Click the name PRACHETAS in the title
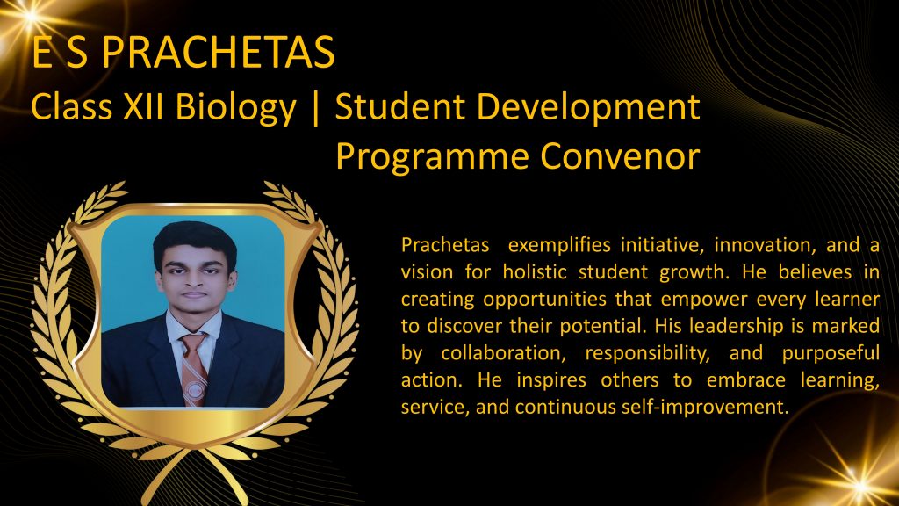tap(218, 52)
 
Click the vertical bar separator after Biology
tap(315, 108)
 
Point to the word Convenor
tap(620, 156)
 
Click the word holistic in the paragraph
tap(535, 272)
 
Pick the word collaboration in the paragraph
tap(503, 353)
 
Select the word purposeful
tap(831, 353)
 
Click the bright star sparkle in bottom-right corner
tap(859, 485)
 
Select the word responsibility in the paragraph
tap(647, 353)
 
